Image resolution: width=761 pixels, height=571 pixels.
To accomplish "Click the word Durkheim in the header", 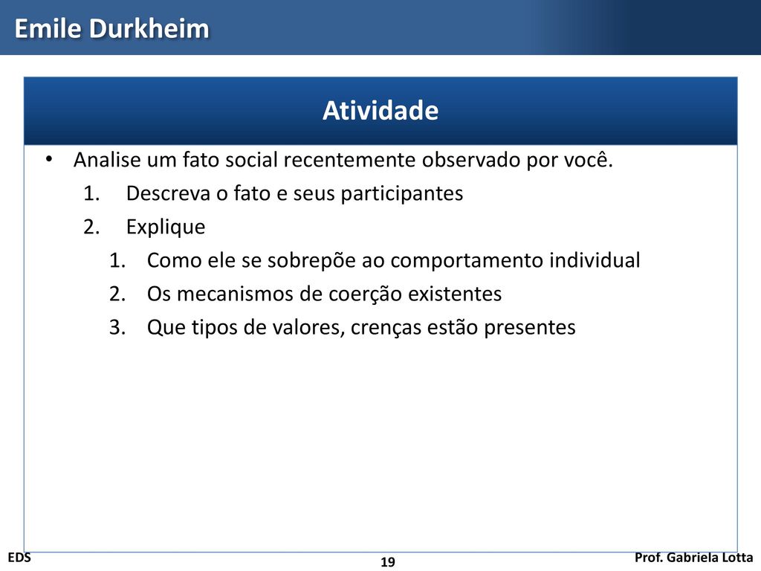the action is click(149, 28).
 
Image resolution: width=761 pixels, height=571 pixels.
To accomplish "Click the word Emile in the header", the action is click(47, 28).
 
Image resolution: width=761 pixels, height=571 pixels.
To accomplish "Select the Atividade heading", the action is click(380, 110).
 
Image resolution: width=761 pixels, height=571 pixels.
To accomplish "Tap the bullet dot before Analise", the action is click(48, 159).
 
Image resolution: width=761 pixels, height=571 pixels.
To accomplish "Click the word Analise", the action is click(107, 160).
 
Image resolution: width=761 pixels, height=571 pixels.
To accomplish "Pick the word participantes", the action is click(402, 194).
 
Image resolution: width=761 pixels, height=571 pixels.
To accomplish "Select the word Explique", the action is click(166, 228).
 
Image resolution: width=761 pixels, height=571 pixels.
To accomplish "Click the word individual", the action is click(595, 260).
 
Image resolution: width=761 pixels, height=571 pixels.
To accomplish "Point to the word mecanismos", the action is click(234, 294).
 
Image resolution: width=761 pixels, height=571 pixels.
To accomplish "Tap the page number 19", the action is click(388, 562).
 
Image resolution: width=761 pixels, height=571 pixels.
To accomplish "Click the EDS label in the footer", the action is click(19, 558).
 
